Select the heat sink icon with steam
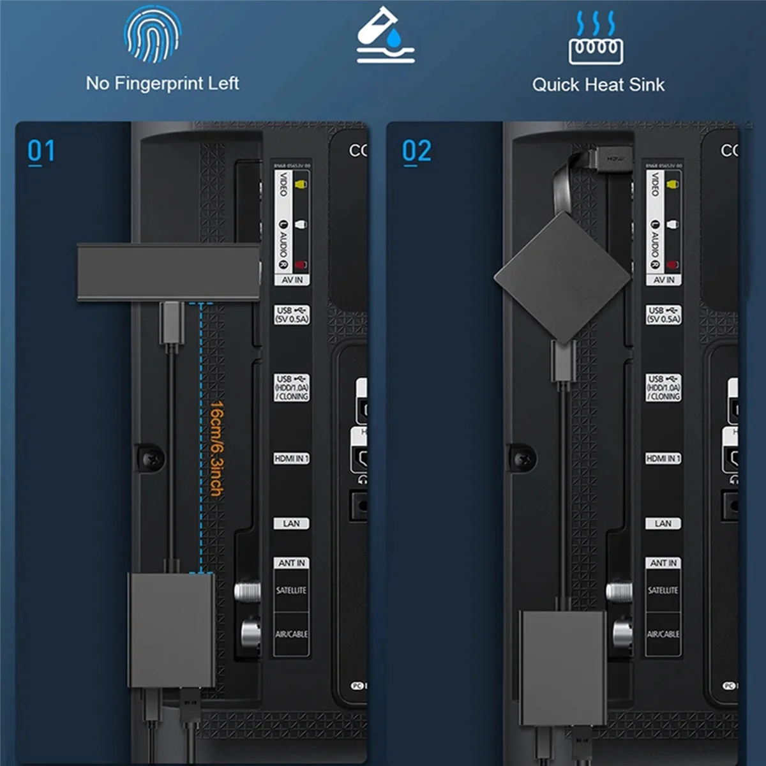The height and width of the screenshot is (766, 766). (595, 38)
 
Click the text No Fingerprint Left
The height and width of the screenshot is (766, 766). (162, 84)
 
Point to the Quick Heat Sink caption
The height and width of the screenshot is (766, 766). (598, 85)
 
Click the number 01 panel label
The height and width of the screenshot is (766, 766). (41, 152)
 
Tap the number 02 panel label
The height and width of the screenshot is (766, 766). (416, 152)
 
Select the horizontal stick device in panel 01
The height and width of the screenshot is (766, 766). (168, 271)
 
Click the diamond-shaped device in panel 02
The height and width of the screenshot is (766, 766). (563, 276)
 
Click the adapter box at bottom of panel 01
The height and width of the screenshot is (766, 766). (171, 629)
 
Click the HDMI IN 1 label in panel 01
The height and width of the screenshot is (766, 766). (292, 458)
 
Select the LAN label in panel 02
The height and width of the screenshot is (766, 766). (663, 523)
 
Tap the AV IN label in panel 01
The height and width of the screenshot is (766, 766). (292, 280)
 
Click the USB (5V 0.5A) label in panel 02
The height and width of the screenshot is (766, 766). (663, 315)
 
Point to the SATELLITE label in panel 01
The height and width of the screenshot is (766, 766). (291, 590)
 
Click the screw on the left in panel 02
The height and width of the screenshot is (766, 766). (523, 458)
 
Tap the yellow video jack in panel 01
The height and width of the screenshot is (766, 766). (300, 184)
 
